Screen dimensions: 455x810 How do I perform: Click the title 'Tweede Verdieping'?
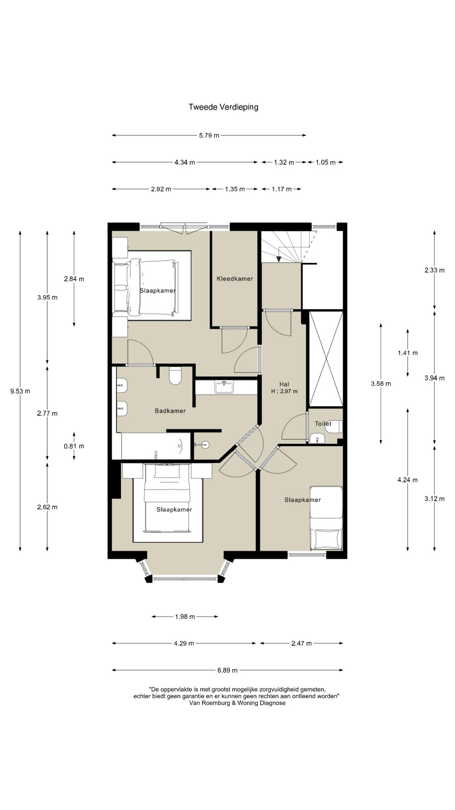pos(223,107)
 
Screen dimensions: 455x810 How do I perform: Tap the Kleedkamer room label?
pos(235,278)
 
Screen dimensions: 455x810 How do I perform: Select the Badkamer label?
pos(170,411)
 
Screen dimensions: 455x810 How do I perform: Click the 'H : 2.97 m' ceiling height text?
pos(284,391)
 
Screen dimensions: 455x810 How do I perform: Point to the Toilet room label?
pos(323,424)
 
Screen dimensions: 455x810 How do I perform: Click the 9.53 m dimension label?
pos(20,391)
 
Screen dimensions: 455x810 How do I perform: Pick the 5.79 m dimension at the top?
pos(209,135)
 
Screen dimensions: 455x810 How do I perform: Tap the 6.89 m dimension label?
pos(227,670)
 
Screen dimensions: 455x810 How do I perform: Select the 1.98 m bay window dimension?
pos(185,617)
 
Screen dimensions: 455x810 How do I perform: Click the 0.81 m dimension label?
pos(74,446)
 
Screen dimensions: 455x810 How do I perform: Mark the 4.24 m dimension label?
pos(408,480)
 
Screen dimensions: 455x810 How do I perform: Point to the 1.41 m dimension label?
pos(408,353)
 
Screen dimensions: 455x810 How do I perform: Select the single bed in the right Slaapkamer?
pos(326,518)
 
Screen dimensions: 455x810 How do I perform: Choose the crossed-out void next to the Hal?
pos(326,359)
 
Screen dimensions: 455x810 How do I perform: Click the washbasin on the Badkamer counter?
pos(224,387)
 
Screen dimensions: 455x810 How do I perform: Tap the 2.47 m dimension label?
pos(302,643)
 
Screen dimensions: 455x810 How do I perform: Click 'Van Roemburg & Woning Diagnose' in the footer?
pos(237,703)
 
